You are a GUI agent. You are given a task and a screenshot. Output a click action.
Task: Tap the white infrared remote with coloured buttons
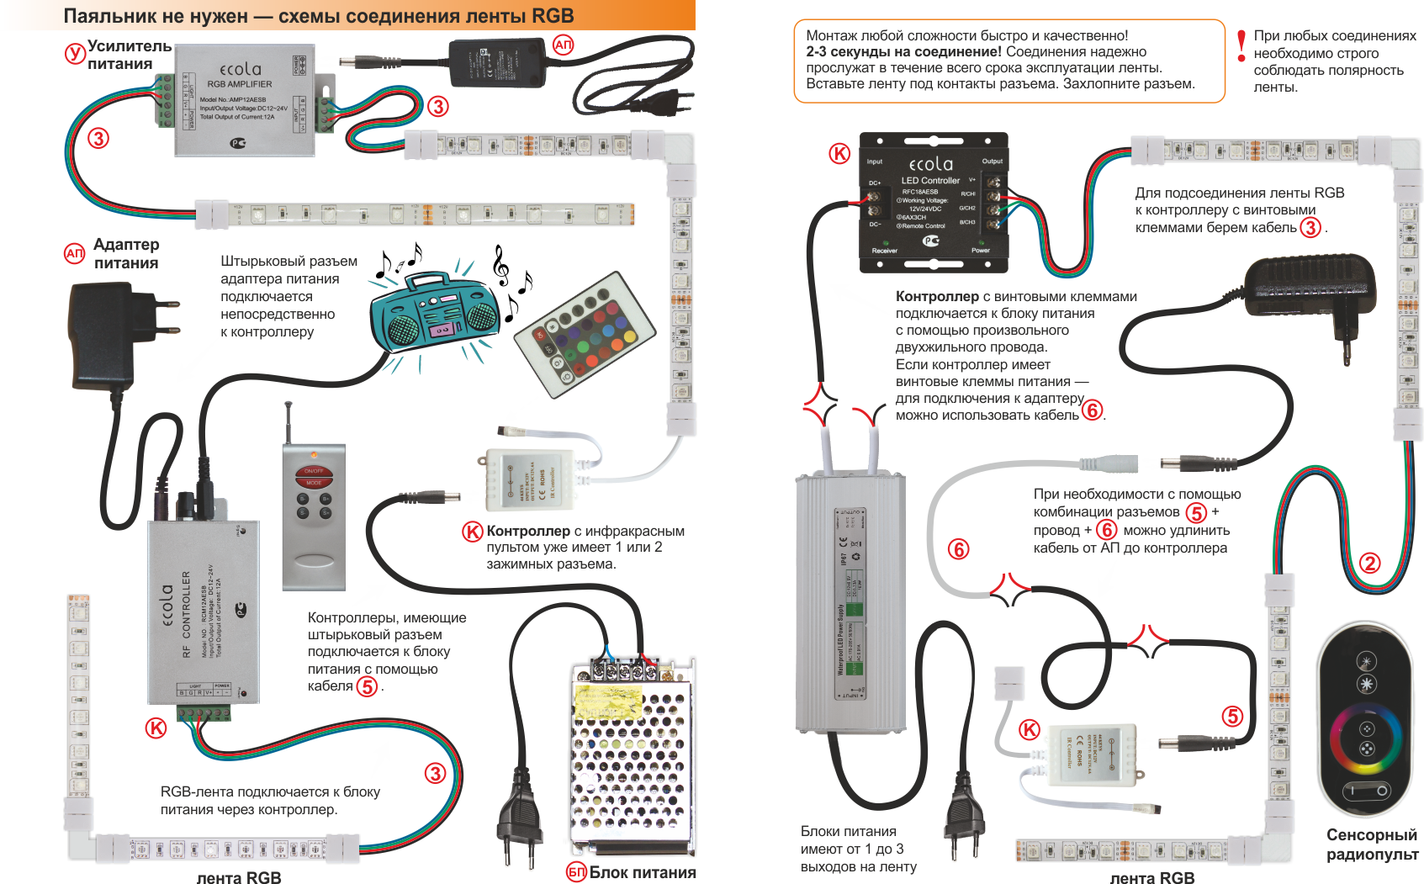click(585, 333)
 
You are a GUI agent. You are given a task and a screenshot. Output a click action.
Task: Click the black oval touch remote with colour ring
click(1367, 720)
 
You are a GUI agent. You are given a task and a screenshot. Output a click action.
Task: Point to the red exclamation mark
click(1241, 45)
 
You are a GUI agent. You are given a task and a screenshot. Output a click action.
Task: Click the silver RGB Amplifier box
click(244, 100)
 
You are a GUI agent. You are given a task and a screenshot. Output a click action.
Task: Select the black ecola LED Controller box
click(933, 203)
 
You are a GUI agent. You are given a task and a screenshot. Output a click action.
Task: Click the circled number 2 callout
click(1369, 563)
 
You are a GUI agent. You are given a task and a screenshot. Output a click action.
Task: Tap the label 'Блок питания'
click(643, 872)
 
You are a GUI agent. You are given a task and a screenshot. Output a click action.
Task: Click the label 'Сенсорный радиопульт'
click(1372, 844)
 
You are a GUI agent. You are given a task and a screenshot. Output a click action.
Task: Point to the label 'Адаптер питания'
click(126, 253)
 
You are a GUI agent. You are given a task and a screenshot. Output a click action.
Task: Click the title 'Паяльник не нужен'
click(156, 16)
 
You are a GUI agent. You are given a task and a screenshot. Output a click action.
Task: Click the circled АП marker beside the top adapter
click(563, 45)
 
